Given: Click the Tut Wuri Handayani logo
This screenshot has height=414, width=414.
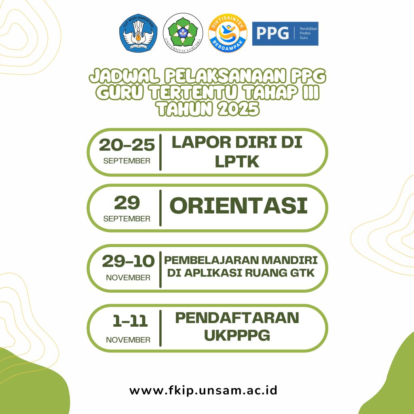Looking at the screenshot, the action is pyautogui.click(x=138, y=33).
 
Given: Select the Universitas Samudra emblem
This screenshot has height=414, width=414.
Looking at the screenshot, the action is pyautogui.click(x=183, y=33).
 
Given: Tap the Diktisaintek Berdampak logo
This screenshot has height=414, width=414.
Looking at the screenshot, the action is pyautogui.click(x=227, y=33).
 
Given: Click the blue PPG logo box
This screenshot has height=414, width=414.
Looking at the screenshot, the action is pyautogui.click(x=285, y=34).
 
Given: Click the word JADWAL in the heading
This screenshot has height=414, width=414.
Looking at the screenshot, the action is pyautogui.click(x=125, y=76).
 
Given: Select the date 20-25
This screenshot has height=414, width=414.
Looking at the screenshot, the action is pyautogui.click(x=127, y=145).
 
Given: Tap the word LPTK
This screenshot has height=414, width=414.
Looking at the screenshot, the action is pyautogui.click(x=237, y=162).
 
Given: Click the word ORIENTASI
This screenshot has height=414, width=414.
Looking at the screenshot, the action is pyautogui.click(x=239, y=206).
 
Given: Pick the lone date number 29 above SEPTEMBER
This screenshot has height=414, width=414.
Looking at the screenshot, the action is pyautogui.click(x=127, y=203).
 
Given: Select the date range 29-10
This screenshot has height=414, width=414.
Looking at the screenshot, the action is pyautogui.click(x=128, y=262).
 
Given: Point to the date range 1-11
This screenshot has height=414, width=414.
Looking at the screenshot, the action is pyautogui.click(x=130, y=321).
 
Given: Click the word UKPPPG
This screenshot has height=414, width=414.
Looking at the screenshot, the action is pyautogui.click(x=237, y=335).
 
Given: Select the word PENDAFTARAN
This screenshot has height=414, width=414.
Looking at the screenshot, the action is pyautogui.click(x=237, y=318).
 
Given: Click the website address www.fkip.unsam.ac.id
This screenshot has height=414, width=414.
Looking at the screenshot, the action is pyautogui.click(x=203, y=390).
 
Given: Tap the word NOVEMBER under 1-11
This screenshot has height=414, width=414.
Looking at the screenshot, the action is pyautogui.click(x=128, y=340).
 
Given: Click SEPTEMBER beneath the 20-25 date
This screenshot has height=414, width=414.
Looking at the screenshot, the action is pyautogui.click(x=127, y=161).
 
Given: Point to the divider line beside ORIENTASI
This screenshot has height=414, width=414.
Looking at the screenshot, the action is pyautogui.click(x=160, y=208).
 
